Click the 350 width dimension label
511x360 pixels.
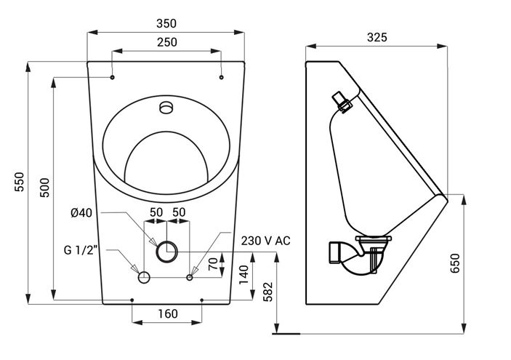[166, 23]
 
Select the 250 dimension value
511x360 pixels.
[167, 42]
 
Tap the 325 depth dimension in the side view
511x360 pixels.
[377, 38]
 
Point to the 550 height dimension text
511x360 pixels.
[19, 182]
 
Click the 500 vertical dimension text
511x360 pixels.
[44, 188]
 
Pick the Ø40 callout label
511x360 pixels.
[81, 213]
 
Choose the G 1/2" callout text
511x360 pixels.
[81, 250]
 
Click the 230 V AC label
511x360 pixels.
[265, 241]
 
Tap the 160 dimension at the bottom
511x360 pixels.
[168, 313]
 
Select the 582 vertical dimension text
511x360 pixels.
[268, 292]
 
